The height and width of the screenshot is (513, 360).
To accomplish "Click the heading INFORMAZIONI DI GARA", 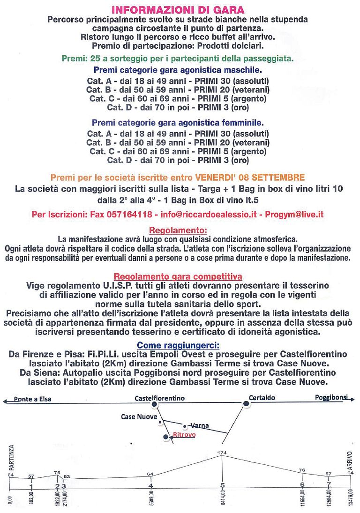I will [178, 9].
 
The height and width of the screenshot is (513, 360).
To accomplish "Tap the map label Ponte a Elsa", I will [33, 399].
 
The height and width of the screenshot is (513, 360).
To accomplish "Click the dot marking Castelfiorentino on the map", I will [155, 403].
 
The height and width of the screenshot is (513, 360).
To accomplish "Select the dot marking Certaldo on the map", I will [245, 403].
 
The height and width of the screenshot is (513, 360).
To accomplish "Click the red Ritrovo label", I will [184, 435].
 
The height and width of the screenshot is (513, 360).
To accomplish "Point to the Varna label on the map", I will [200, 425].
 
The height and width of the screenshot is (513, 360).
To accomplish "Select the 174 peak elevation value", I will [222, 453].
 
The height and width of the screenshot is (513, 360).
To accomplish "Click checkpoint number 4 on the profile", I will [150, 486].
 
